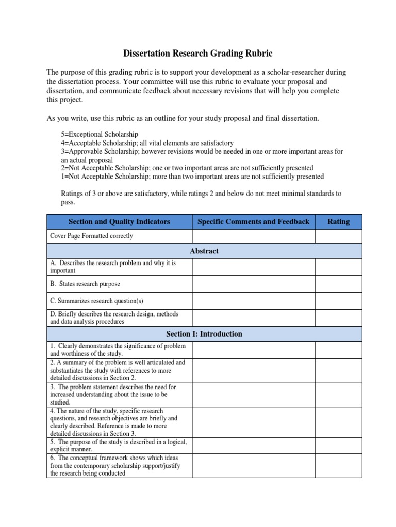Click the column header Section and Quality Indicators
point(119,221)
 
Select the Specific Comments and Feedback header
point(253,221)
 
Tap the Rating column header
point(338,221)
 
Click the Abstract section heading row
point(204,251)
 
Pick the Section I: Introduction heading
point(204,333)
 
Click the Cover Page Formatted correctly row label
point(91,236)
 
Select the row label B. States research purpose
point(85,284)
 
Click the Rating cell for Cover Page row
point(338,236)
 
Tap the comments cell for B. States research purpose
point(253,284)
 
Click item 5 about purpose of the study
point(119,445)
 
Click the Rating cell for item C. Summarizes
point(338,301)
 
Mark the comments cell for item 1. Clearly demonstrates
point(253,350)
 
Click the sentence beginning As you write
point(183,118)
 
